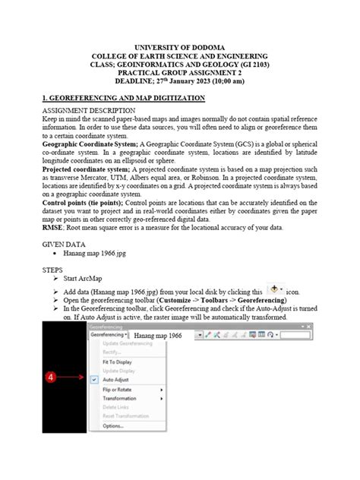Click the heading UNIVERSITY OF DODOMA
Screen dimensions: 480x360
[179, 46]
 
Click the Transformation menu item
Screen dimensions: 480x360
[120, 398]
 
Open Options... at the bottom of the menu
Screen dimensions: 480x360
[113, 425]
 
